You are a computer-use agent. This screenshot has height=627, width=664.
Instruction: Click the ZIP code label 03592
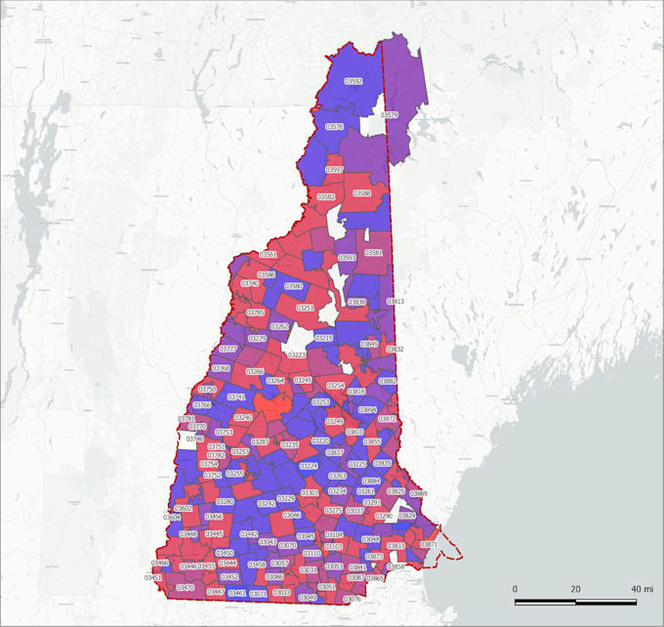tap(354, 81)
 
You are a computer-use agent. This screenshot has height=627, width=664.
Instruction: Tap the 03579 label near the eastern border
tap(390, 114)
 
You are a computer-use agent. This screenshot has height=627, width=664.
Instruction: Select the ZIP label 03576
tap(335, 127)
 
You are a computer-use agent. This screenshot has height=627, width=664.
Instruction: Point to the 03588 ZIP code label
tap(362, 193)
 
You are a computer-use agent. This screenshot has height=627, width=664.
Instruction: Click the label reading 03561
tap(268, 254)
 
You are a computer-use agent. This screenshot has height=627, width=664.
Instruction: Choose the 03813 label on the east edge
tap(395, 302)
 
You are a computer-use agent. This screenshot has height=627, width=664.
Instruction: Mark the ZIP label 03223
tap(298, 355)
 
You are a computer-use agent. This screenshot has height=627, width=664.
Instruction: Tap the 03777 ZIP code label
tap(228, 349)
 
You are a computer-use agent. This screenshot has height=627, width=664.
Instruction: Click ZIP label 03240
tap(243, 417)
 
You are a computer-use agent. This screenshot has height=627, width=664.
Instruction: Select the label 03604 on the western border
tap(172, 517)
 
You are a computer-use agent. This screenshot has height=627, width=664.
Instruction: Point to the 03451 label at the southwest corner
tap(153, 578)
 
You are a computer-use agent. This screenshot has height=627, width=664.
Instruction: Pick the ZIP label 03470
tap(186, 588)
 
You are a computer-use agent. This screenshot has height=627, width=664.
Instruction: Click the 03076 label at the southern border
tap(353, 599)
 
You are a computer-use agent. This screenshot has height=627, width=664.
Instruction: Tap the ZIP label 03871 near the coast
tap(429, 544)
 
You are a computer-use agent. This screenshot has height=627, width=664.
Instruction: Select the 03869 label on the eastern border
tap(418, 494)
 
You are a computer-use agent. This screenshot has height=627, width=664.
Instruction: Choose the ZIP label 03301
tap(311, 493)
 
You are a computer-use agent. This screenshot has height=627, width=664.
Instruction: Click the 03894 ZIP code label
tap(367, 410)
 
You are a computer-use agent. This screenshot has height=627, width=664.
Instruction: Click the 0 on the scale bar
tap(515, 590)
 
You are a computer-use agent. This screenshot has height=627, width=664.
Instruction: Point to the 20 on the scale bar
tap(576, 590)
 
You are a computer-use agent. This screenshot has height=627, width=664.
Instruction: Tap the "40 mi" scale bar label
tap(642, 590)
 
